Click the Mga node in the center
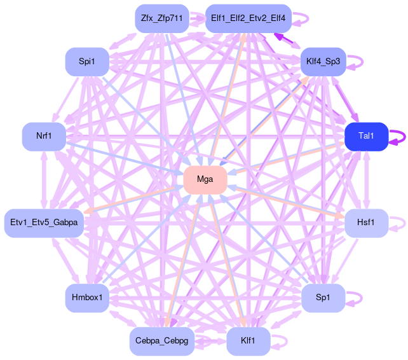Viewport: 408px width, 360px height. [x=205, y=180]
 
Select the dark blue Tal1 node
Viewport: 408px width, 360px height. [x=366, y=137]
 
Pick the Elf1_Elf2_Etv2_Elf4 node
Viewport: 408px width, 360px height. [x=248, y=18]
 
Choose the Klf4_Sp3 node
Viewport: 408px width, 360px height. [x=323, y=62]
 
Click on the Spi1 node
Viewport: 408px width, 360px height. [x=87, y=62]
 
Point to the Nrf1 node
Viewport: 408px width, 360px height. [x=44, y=137]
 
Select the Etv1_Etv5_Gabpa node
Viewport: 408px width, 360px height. [x=44, y=223]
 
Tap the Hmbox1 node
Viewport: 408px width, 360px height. [x=87, y=298]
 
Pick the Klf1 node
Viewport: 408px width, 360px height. [x=248, y=342]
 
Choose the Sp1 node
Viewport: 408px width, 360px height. [x=323, y=298]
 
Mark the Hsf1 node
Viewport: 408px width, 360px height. [x=366, y=223]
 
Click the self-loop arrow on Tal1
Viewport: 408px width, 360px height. [x=400, y=137]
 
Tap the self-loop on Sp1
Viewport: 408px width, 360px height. [x=357, y=298]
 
